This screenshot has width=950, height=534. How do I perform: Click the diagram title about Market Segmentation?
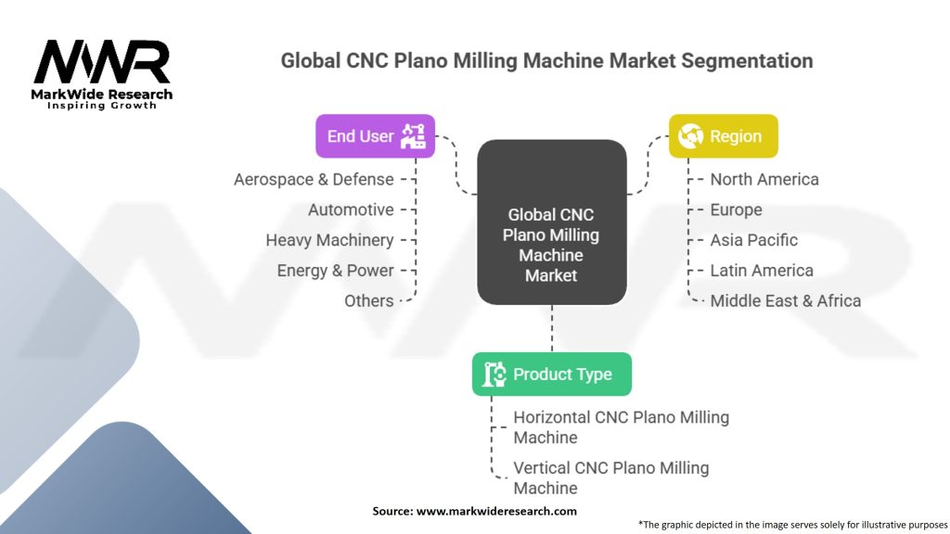point(546,61)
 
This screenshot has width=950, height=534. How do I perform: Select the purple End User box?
point(375,136)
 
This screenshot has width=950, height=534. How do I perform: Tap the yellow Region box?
point(723,136)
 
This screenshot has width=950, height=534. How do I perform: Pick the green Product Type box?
point(551,375)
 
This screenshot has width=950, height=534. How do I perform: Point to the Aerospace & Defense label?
point(314,179)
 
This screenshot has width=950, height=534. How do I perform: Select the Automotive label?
point(351,210)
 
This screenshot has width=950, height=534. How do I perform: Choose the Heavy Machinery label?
point(329,240)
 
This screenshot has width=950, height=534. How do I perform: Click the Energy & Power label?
point(335,271)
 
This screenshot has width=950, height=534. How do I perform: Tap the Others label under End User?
point(368,300)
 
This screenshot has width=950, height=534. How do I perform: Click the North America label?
point(764,179)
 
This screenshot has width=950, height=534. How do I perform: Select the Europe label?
point(736,210)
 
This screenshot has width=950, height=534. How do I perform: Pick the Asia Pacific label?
point(753,240)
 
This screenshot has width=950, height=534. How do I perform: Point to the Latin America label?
point(761,271)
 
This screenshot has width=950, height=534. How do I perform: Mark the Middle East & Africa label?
point(785,300)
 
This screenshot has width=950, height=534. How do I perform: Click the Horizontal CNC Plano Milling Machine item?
point(621,427)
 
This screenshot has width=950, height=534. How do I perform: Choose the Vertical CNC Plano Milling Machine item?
point(610,477)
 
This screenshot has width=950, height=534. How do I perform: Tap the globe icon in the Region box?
point(690,136)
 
